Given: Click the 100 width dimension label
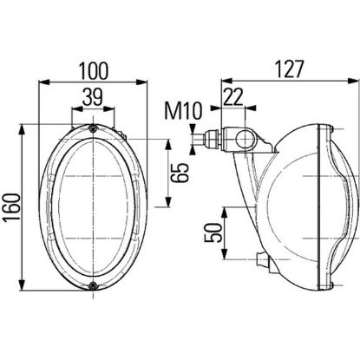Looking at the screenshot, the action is point(94,70).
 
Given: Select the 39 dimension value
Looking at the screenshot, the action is point(93,97).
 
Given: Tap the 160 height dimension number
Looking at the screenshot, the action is point(11,206).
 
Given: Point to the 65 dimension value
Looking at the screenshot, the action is point(180,173).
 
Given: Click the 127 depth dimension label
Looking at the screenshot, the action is point(289,69).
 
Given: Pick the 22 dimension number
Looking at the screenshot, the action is point(232,97).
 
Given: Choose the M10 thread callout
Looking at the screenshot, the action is point(183,111).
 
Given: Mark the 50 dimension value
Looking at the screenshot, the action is point(213,232).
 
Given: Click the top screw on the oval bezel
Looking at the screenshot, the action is point(93,129).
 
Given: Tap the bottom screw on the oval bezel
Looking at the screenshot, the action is point(93,285).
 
